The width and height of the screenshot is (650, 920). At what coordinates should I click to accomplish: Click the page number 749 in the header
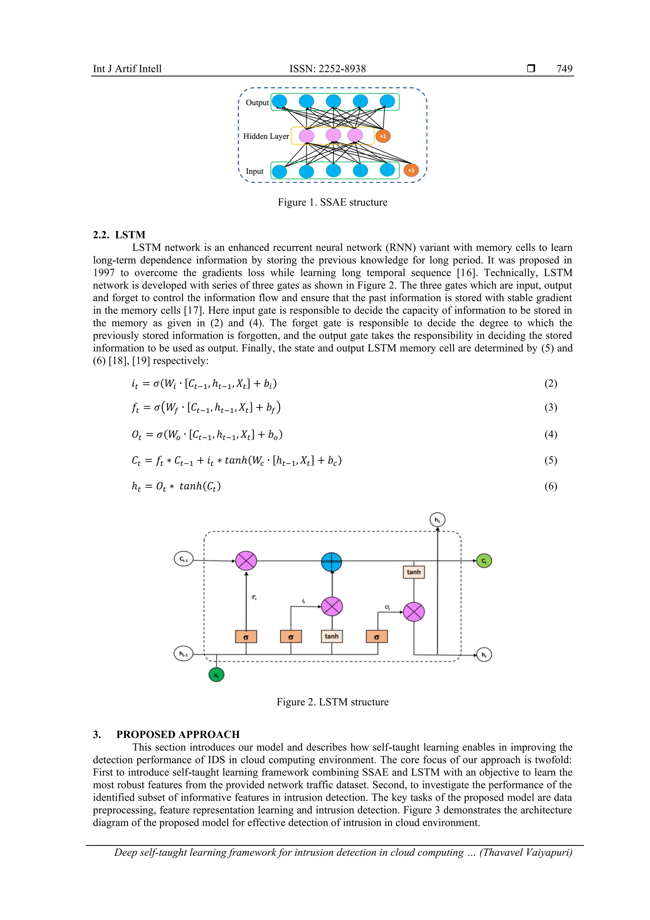click(564, 69)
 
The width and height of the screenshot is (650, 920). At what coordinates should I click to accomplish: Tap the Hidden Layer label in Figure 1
click(266, 136)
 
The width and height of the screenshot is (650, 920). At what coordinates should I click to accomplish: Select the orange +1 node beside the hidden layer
click(383, 136)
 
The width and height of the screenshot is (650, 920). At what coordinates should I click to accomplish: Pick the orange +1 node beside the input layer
click(411, 170)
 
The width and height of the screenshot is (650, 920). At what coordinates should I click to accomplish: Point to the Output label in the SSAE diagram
click(257, 103)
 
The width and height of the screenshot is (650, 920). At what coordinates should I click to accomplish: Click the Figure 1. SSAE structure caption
click(332, 202)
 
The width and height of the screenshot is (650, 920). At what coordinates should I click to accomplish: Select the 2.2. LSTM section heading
click(119, 235)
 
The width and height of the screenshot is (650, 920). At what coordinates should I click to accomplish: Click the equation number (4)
click(550, 434)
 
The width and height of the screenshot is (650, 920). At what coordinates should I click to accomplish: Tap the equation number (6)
click(550, 486)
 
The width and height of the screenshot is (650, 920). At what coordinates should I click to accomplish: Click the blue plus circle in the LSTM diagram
click(332, 562)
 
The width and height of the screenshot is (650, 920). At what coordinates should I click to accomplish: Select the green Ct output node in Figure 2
click(484, 561)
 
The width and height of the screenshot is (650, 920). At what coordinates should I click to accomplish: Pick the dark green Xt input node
click(216, 675)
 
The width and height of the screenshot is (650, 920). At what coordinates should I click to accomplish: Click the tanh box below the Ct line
click(414, 572)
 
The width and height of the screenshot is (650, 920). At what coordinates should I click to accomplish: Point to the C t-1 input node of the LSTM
click(183, 559)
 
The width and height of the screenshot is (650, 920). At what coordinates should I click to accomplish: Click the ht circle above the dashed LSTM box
click(437, 520)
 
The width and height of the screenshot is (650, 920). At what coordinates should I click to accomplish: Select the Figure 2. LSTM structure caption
click(332, 702)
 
